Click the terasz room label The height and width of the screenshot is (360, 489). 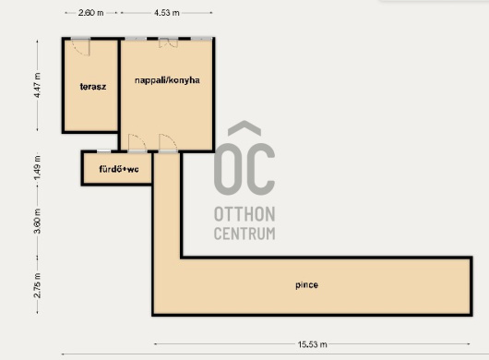[93, 87]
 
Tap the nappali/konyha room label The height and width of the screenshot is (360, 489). [167, 80]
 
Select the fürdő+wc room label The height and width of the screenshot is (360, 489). [119, 169]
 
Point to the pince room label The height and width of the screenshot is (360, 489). [307, 285]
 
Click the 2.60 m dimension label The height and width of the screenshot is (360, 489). [90, 13]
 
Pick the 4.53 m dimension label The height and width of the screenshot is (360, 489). [167, 13]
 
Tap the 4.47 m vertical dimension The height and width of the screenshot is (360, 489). [37, 85]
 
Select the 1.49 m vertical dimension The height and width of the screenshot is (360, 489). [37, 168]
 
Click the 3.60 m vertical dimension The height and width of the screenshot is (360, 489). [37, 221]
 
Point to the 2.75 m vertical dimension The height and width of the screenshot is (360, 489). [37, 285]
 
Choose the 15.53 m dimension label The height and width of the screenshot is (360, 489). [312, 344]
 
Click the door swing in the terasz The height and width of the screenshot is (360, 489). [81, 47]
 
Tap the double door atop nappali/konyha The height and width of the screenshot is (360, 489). [169, 43]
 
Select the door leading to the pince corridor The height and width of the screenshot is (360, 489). [169, 142]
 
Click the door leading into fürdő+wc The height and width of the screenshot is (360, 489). [137, 142]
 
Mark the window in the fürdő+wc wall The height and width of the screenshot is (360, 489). [103, 151]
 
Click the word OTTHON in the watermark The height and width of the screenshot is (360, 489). [244, 214]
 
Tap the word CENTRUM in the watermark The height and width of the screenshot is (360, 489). [244, 234]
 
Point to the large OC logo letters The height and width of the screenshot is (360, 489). [244, 169]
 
